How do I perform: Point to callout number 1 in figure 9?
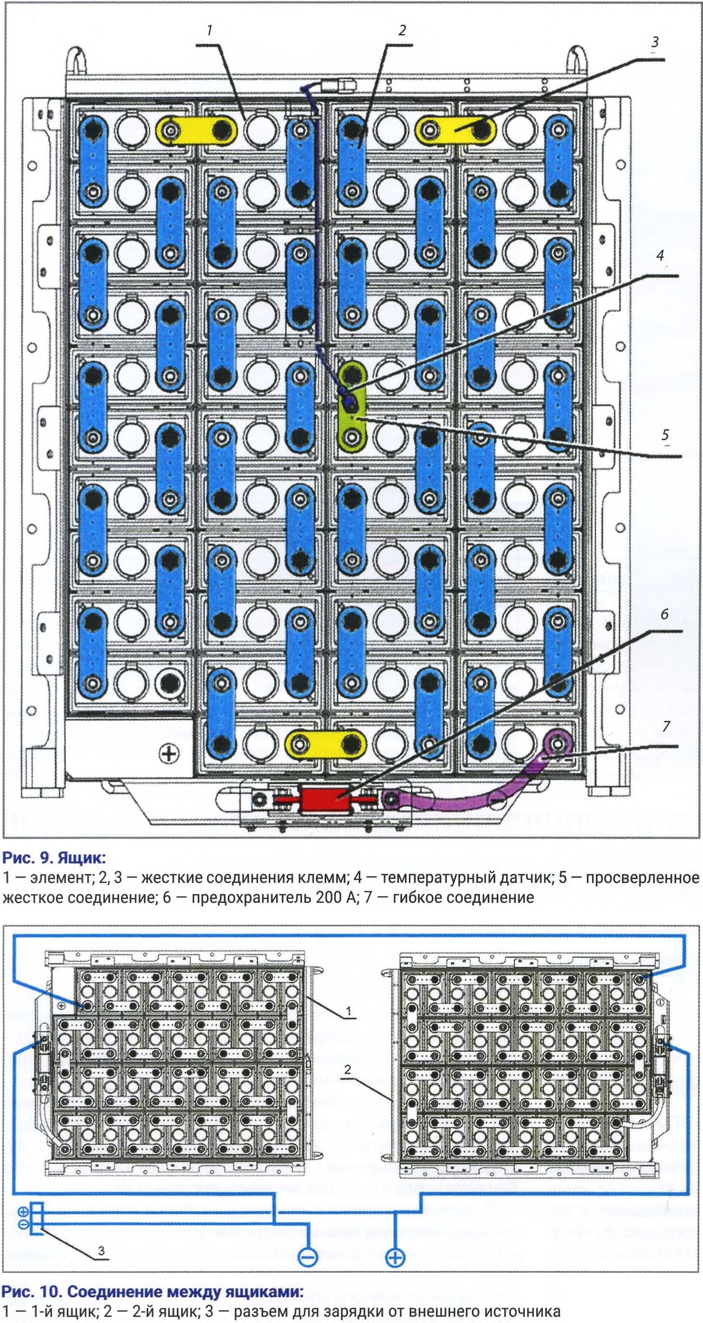(x=209, y=30)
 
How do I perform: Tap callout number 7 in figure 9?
(x=666, y=726)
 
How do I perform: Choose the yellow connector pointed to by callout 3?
(x=456, y=130)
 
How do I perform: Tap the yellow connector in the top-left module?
(x=197, y=130)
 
